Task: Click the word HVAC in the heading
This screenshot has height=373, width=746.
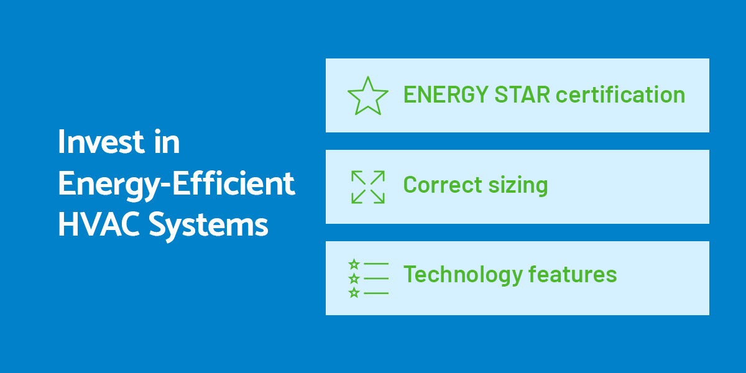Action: [99, 224]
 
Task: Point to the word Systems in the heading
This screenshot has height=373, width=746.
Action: [208, 226]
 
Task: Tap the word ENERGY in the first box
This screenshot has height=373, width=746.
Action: [446, 94]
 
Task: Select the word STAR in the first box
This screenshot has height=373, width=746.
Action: [522, 94]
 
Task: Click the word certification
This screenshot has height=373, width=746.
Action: [620, 94]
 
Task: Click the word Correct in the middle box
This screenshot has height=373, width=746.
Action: [443, 185]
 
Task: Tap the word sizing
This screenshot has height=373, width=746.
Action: [518, 186]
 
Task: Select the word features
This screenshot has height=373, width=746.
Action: [573, 274]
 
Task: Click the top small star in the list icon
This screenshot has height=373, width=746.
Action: [354, 264]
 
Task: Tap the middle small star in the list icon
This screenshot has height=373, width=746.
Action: [354, 279]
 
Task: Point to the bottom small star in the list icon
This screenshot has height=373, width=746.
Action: [354, 293]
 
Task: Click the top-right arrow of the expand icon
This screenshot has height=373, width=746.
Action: [378, 177]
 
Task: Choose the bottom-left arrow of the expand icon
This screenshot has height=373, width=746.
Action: [358, 197]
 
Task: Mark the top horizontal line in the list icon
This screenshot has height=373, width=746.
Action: [376, 264]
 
